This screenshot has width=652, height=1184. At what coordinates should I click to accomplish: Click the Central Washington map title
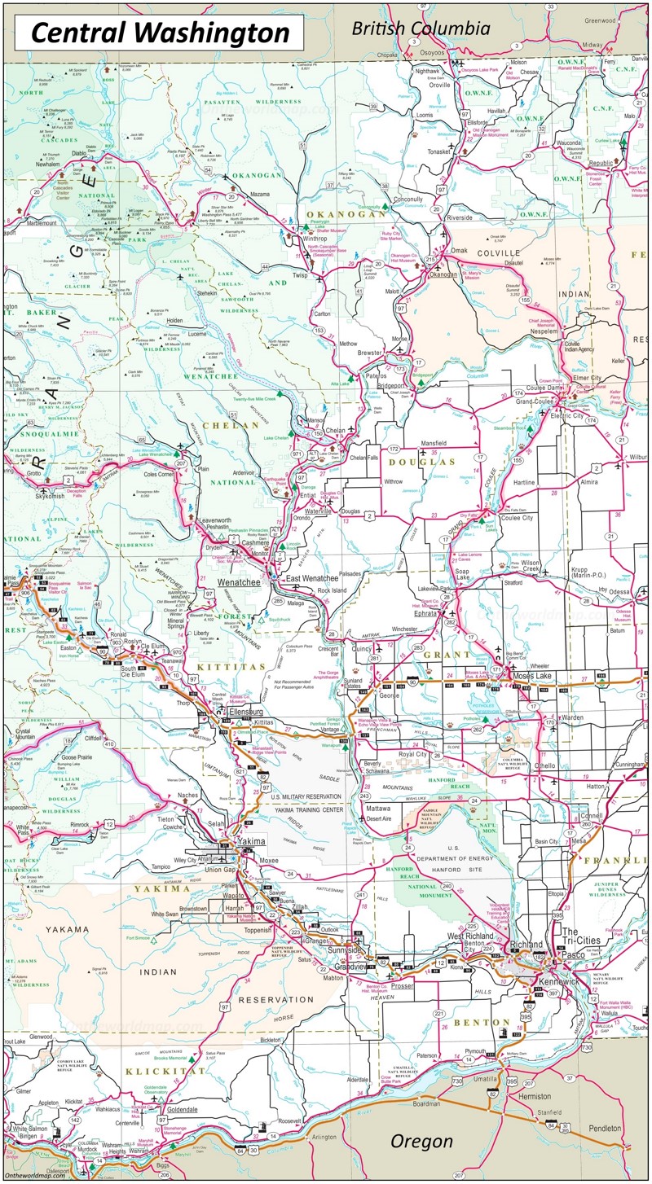coord(161,33)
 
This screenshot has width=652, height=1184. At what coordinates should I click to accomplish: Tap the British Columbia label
coord(421,29)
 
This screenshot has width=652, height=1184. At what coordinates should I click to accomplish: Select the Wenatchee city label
coord(239,583)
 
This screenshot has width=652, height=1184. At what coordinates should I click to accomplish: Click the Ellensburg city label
coord(249,712)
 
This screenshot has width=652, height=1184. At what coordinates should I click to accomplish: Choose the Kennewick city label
coord(559,982)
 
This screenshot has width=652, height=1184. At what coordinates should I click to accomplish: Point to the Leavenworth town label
coord(222,519)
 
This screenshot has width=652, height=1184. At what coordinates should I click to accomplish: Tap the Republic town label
coord(601,163)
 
